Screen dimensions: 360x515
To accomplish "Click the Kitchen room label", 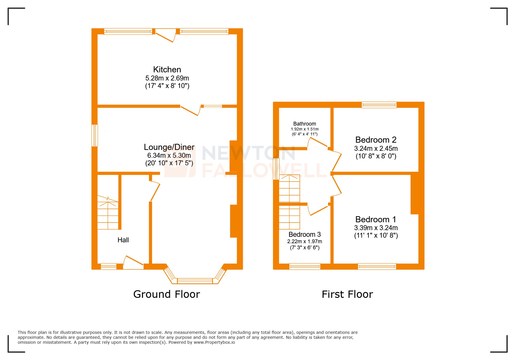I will pyautogui.click(x=167, y=69).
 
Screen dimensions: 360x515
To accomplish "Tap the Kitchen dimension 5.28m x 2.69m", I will pyautogui.click(x=167, y=78).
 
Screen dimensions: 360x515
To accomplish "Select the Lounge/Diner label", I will pyautogui.click(x=169, y=147).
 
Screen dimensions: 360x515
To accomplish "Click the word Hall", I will pyautogui.click(x=123, y=240).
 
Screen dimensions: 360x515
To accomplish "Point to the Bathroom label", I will pyautogui.click(x=304, y=124).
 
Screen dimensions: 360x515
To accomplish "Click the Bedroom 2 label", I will pyautogui.click(x=376, y=140).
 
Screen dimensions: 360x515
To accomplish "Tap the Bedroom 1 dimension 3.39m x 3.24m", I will pyautogui.click(x=376, y=228).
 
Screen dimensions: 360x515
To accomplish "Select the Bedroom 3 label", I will pyautogui.click(x=304, y=234).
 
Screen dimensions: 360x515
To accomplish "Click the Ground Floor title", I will pyautogui.click(x=167, y=294).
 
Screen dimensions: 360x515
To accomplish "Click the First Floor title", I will pyautogui.click(x=347, y=294).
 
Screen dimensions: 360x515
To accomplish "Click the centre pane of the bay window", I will pyautogui.click(x=195, y=281).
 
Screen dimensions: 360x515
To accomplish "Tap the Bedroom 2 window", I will pyautogui.click(x=379, y=105).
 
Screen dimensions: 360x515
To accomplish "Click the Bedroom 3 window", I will pyautogui.click(x=304, y=266).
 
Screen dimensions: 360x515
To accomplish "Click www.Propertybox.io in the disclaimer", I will pyautogui.click(x=214, y=342).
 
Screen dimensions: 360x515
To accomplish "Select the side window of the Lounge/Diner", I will pyautogui.click(x=95, y=135).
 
